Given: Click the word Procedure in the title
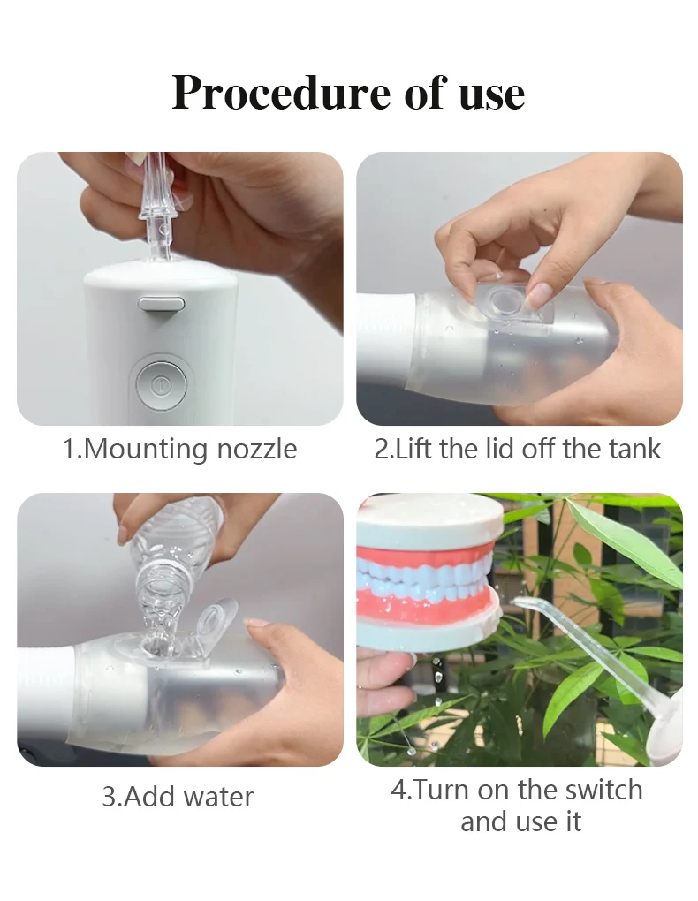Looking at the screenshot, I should click(280, 92).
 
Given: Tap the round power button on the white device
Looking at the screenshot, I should click(160, 385).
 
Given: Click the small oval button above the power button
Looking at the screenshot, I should click(162, 304).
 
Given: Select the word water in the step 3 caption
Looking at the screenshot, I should click(216, 797).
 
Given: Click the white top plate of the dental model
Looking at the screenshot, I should click(422, 521).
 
